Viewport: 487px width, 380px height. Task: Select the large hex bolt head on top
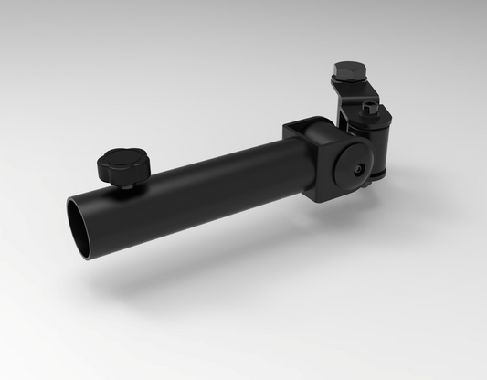click(349, 71)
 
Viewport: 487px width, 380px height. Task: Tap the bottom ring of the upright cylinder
click(376, 177)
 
